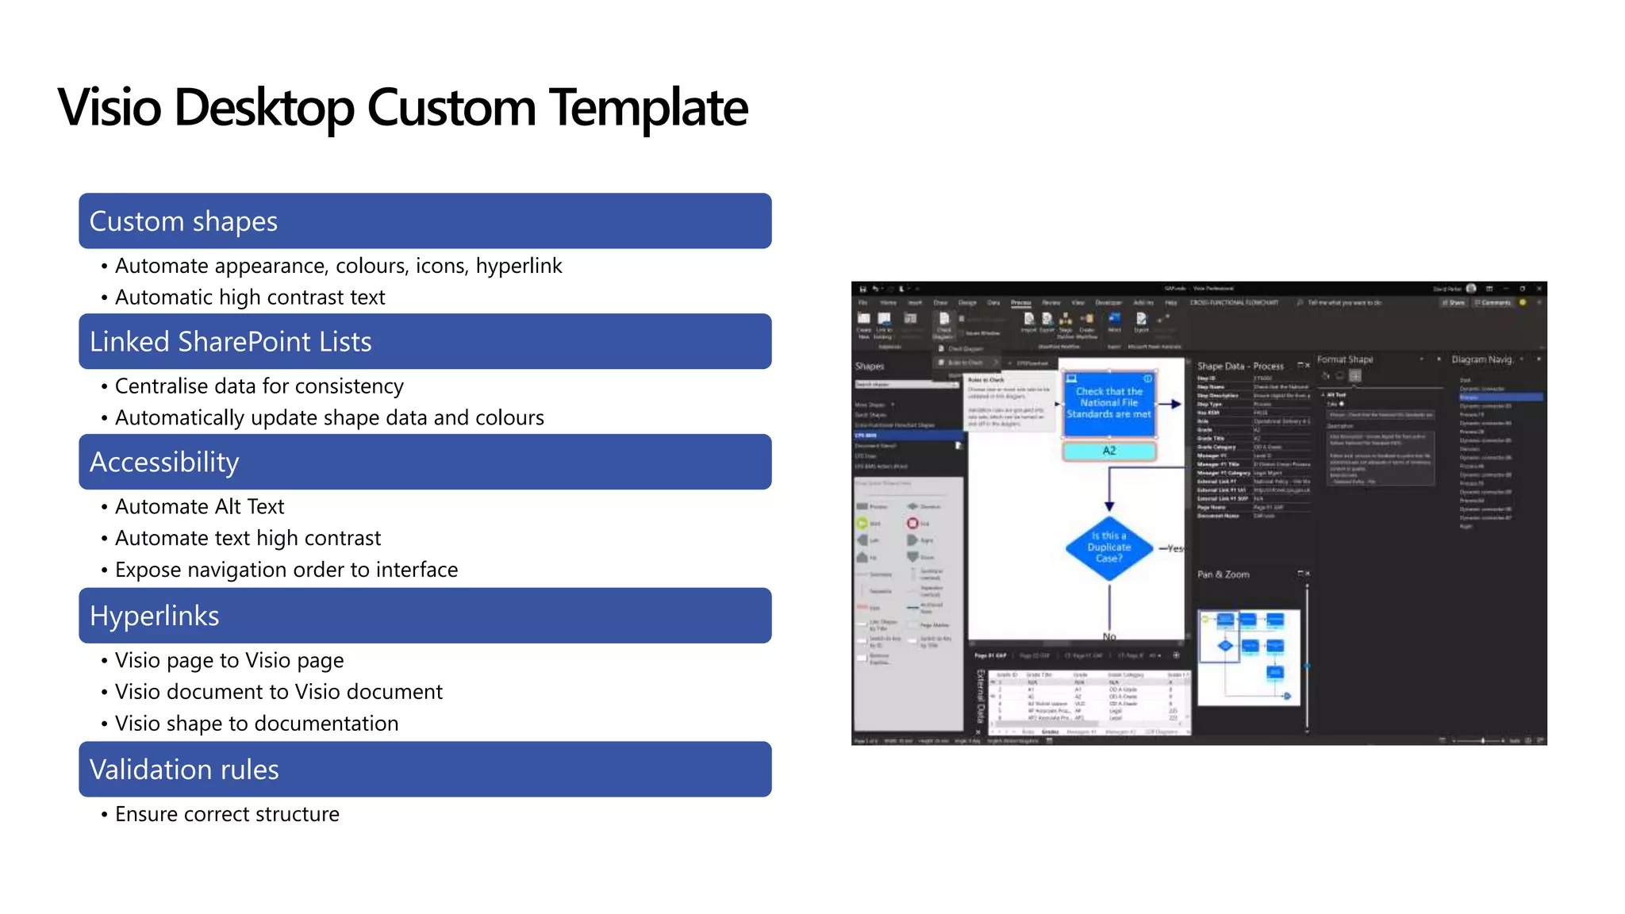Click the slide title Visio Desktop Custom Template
point(402,107)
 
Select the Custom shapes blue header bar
point(424,221)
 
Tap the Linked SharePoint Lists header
point(424,341)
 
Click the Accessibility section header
point(424,462)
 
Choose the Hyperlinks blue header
point(424,616)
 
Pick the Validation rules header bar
point(424,770)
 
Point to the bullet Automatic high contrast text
point(249,297)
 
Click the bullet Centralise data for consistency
point(259,386)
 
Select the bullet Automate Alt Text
point(199,506)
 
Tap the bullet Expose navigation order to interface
point(286,570)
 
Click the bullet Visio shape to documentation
point(256,724)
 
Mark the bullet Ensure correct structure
point(227,814)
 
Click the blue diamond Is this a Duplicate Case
point(1108,547)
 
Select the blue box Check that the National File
point(1108,403)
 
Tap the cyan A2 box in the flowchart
point(1108,451)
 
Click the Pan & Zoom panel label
point(1223,574)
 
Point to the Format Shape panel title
point(1345,359)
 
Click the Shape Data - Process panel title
point(1239,366)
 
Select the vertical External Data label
point(981,696)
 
